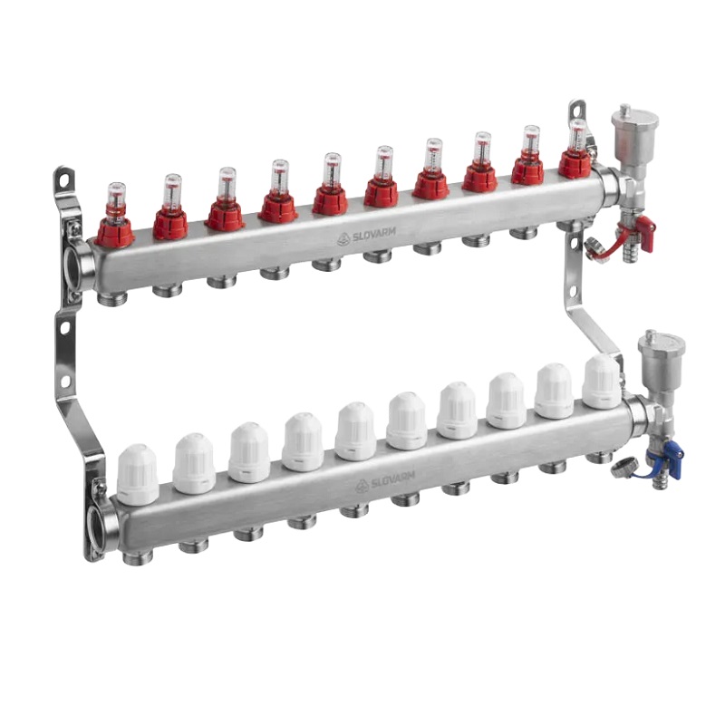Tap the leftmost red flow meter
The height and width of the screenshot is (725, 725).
coord(115,222)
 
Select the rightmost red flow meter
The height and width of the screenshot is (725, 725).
coord(575,154)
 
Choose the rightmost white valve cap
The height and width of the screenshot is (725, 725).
coord(602,382)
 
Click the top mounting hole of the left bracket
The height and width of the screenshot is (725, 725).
coord(64,179)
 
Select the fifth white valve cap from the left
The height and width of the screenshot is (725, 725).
coord(355,430)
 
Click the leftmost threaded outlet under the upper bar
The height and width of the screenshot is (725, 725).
coord(112,297)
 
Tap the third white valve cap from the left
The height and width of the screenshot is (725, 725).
coord(248,452)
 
